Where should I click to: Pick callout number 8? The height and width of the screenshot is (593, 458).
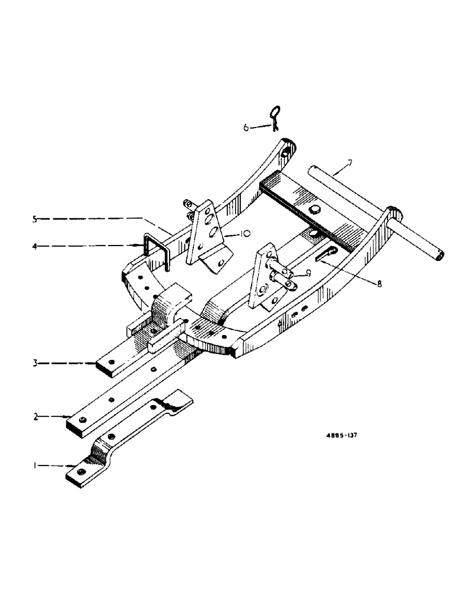(380, 283)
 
